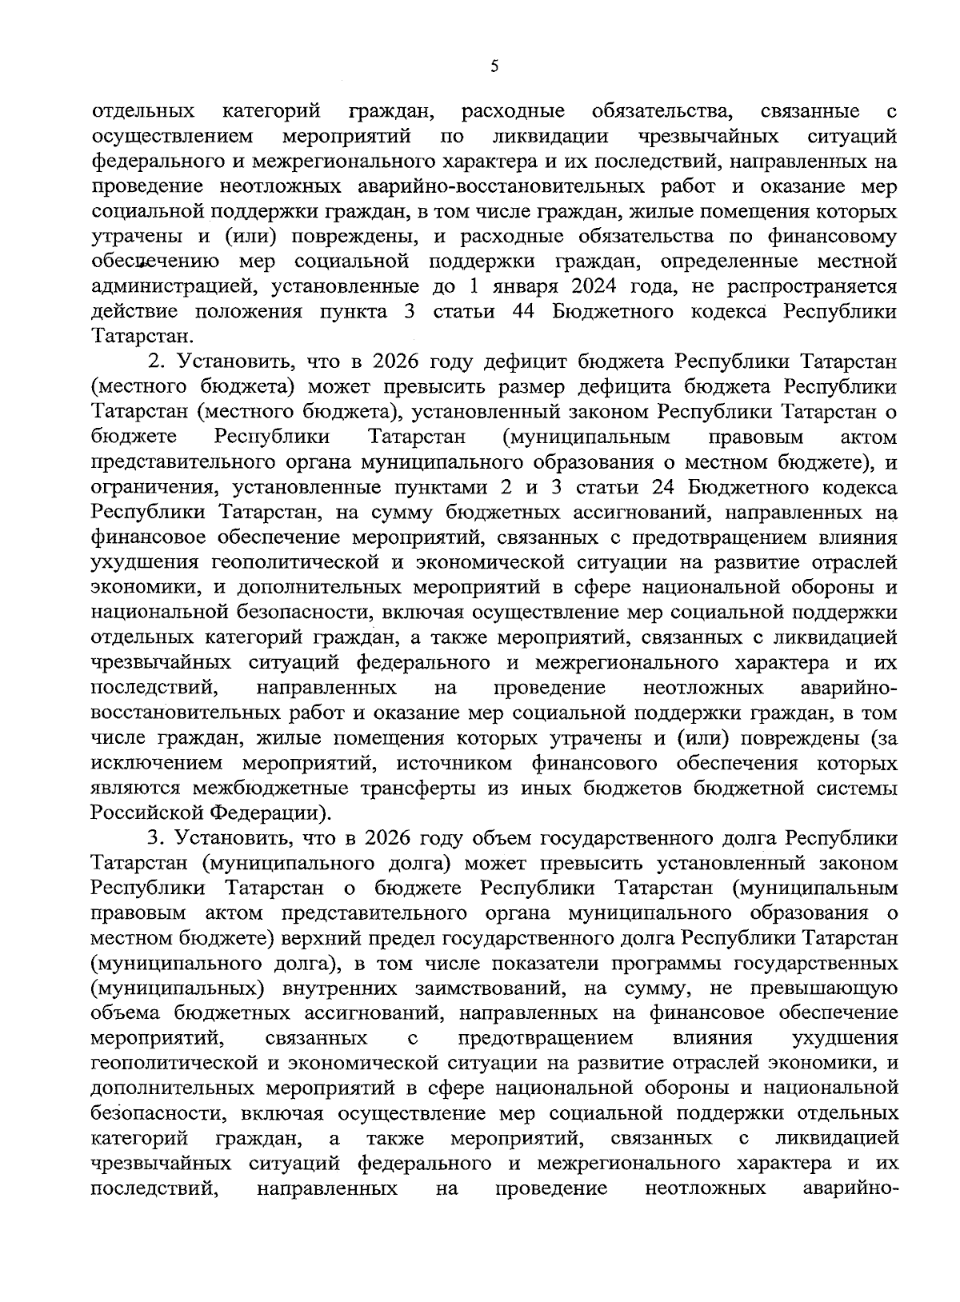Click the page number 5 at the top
click(x=494, y=67)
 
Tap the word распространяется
click(x=805, y=286)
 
